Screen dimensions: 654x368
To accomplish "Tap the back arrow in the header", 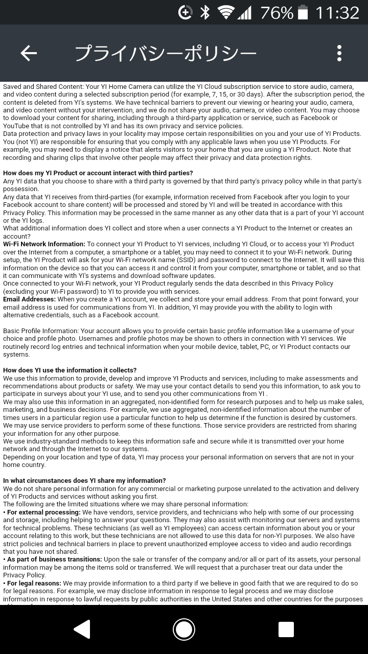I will click(x=29, y=53).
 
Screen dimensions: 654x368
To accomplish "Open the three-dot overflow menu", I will click(x=339, y=53).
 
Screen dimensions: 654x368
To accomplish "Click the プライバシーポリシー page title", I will click(x=166, y=53).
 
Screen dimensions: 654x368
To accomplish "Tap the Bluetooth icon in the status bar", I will click(x=205, y=12).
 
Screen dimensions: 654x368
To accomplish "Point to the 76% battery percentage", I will click(x=277, y=12).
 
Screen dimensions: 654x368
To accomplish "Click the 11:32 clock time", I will click(x=337, y=12).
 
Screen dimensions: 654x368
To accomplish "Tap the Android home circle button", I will click(x=184, y=629).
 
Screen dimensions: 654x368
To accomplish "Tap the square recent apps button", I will click(x=286, y=629).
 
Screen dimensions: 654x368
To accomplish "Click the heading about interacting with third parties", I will click(x=98, y=173).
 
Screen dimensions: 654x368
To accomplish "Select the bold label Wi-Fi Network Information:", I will click(x=44, y=244).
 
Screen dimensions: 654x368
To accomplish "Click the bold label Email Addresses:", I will click(x=29, y=299).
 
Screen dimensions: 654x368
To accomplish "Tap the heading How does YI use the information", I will click(x=70, y=370).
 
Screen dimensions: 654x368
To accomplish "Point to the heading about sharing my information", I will click(x=84, y=481).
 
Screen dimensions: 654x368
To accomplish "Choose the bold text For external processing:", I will click(x=43, y=512).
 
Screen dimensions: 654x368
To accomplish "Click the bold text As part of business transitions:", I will click(x=54, y=559).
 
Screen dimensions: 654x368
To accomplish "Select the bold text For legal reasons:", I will click(x=34, y=583).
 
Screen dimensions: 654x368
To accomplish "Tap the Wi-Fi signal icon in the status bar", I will click(x=225, y=12).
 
